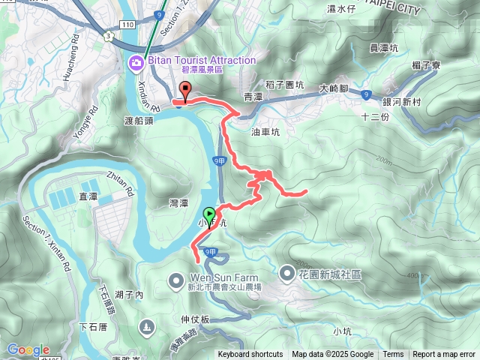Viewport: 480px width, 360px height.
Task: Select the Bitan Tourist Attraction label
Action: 201,60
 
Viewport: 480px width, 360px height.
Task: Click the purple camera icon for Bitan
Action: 136,61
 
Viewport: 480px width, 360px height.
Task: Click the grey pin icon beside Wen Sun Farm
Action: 175,281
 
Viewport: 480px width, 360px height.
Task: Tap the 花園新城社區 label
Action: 331,274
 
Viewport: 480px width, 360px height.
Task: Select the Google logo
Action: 28,349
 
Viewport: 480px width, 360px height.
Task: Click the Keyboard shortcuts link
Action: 250,355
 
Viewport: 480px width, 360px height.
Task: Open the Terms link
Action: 393,355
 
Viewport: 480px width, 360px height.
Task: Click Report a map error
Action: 444,355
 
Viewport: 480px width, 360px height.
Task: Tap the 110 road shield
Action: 127,25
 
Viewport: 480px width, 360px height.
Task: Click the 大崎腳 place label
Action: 332,88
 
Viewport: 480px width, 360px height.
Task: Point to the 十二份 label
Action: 375,117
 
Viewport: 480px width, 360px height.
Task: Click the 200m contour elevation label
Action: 385,160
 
